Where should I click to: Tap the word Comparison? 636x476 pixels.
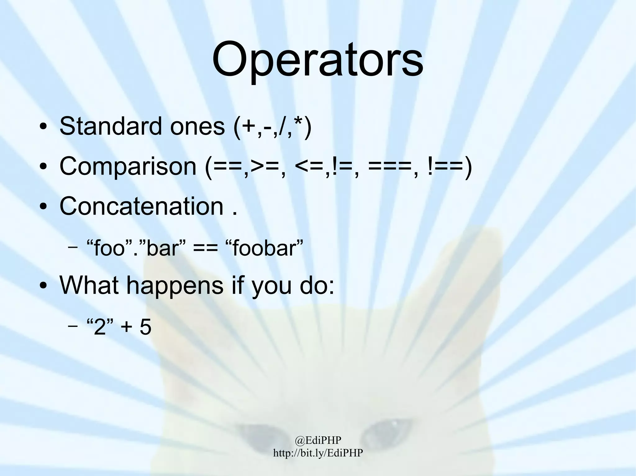128,166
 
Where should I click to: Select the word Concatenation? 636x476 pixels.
141,206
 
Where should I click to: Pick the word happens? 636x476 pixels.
175,285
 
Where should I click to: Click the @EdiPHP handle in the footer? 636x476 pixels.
318,440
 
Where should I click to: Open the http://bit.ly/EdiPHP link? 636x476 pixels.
318,453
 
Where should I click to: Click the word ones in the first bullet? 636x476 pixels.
197,127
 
